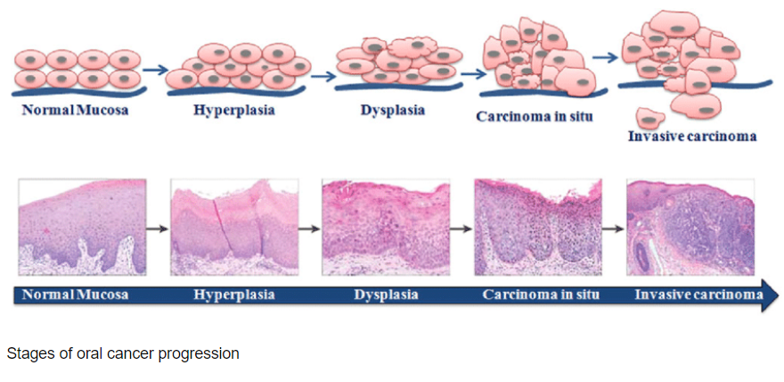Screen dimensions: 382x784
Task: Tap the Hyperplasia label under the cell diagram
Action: pyautogui.click(x=233, y=112)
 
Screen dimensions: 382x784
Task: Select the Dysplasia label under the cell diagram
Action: pyautogui.click(x=393, y=111)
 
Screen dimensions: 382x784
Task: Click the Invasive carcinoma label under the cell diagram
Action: pyautogui.click(x=691, y=137)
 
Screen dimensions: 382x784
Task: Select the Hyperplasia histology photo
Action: pyautogui.click(x=234, y=228)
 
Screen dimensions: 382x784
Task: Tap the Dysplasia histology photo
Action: pyautogui.click(x=386, y=228)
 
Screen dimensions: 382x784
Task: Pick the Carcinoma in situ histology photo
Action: pyautogui.click(x=538, y=228)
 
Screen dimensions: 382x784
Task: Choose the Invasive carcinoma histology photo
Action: pyautogui.click(x=690, y=228)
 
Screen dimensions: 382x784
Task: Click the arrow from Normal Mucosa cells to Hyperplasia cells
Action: pyautogui.click(x=156, y=69)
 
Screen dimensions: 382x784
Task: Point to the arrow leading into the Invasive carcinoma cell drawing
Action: pyautogui.click(x=606, y=56)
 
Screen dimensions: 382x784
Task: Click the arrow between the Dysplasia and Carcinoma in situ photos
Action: pyautogui.click(x=461, y=228)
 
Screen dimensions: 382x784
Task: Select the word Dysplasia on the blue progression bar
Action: pyautogui.click(x=386, y=295)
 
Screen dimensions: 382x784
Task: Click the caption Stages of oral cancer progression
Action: pyautogui.click(x=123, y=353)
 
